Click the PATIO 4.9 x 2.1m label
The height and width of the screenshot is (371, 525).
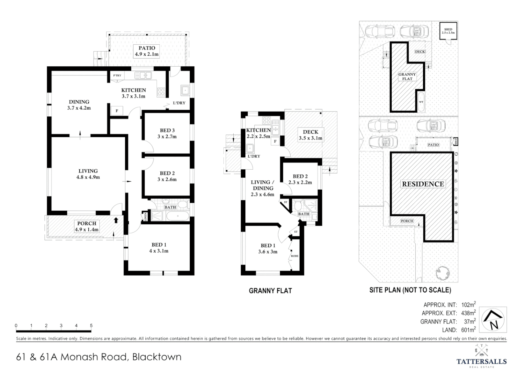point(147,51)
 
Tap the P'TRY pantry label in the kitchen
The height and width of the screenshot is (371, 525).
point(117,76)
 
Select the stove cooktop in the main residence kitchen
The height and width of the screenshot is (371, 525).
point(161,91)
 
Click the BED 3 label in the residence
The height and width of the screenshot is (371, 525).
point(167,133)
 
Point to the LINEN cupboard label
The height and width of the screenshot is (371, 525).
point(145,217)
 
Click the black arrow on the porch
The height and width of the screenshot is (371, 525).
point(116,220)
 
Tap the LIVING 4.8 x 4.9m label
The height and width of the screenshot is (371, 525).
point(88,174)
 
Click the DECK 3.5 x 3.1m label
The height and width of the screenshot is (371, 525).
point(310,135)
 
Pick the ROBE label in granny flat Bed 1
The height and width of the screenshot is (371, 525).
point(294,256)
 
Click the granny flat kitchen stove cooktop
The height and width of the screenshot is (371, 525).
point(266,121)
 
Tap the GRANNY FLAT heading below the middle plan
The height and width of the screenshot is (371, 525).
point(270,291)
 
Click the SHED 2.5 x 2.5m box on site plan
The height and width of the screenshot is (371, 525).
point(448,31)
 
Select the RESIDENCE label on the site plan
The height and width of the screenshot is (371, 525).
point(423,184)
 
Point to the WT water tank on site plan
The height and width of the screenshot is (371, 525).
point(421,102)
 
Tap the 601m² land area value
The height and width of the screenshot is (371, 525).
point(468,329)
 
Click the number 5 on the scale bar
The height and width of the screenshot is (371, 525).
point(91,326)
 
